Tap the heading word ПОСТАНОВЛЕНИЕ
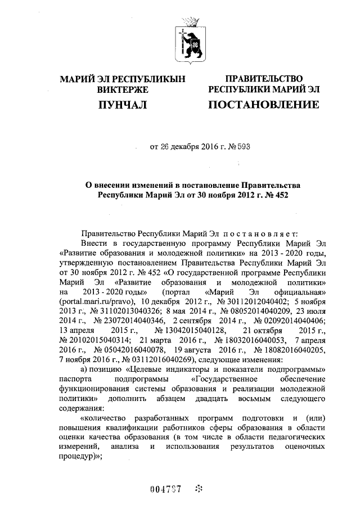264,105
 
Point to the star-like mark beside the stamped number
197,488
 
